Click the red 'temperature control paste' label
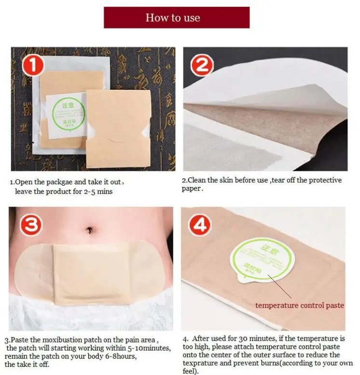click(300, 305)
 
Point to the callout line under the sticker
click(279, 287)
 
